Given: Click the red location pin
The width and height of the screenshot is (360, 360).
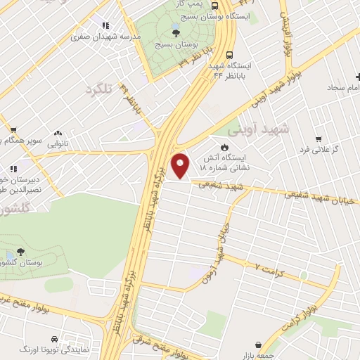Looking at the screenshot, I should pyautogui.click(x=181, y=165).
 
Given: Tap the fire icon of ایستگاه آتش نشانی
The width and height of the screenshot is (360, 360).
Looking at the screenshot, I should pyautogui.click(x=224, y=148).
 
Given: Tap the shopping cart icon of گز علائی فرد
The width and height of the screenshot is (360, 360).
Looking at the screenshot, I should pyautogui.click(x=319, y=139).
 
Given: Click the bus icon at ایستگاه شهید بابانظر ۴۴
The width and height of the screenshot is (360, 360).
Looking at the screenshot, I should pyautogui.click(x=230, y=55).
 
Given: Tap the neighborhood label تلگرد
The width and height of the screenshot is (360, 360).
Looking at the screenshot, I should pyautogui.click(x=99, y=89).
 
